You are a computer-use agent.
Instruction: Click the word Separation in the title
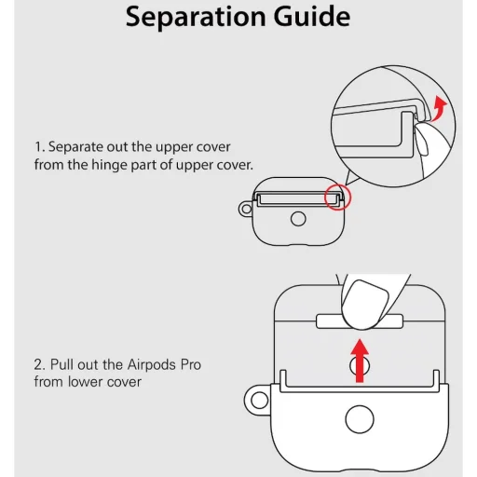click(196, 17)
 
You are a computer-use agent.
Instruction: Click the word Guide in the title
click(312, 16)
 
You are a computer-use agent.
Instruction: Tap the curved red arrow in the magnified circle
click(439, 108)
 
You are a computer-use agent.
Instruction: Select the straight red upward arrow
click(360, 361)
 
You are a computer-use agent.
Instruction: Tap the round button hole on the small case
click(298, 219)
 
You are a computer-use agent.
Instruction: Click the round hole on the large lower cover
click(360, 419)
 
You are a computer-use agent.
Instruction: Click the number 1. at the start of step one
click(40, 147)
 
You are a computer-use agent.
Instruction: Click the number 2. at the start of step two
click(40, 364)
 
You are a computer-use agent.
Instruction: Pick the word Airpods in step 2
click(152, 365)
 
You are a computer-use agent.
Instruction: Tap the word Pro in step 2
click(191, 364)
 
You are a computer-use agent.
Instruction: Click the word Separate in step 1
click(75, 147)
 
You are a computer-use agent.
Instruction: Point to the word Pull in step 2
click(61, 364)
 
